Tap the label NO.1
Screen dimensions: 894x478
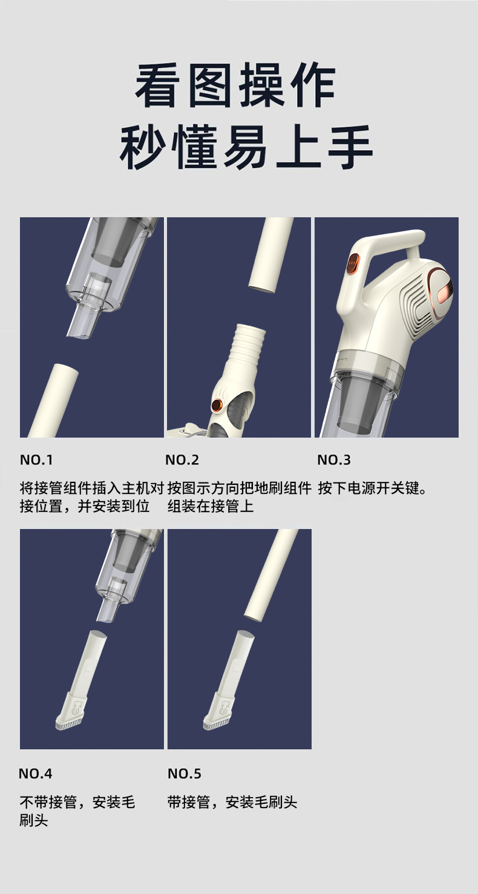click(36, 460)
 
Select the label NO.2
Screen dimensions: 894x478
click(182, 460)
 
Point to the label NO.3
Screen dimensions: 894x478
click(334, 460)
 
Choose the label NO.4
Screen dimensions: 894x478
click(36, 774)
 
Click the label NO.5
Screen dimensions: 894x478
click(185, 774)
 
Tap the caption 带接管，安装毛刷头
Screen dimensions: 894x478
click(232, 803)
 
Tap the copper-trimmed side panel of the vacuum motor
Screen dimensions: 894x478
click(437, 289)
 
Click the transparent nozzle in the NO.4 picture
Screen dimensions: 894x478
click(108, 608)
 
